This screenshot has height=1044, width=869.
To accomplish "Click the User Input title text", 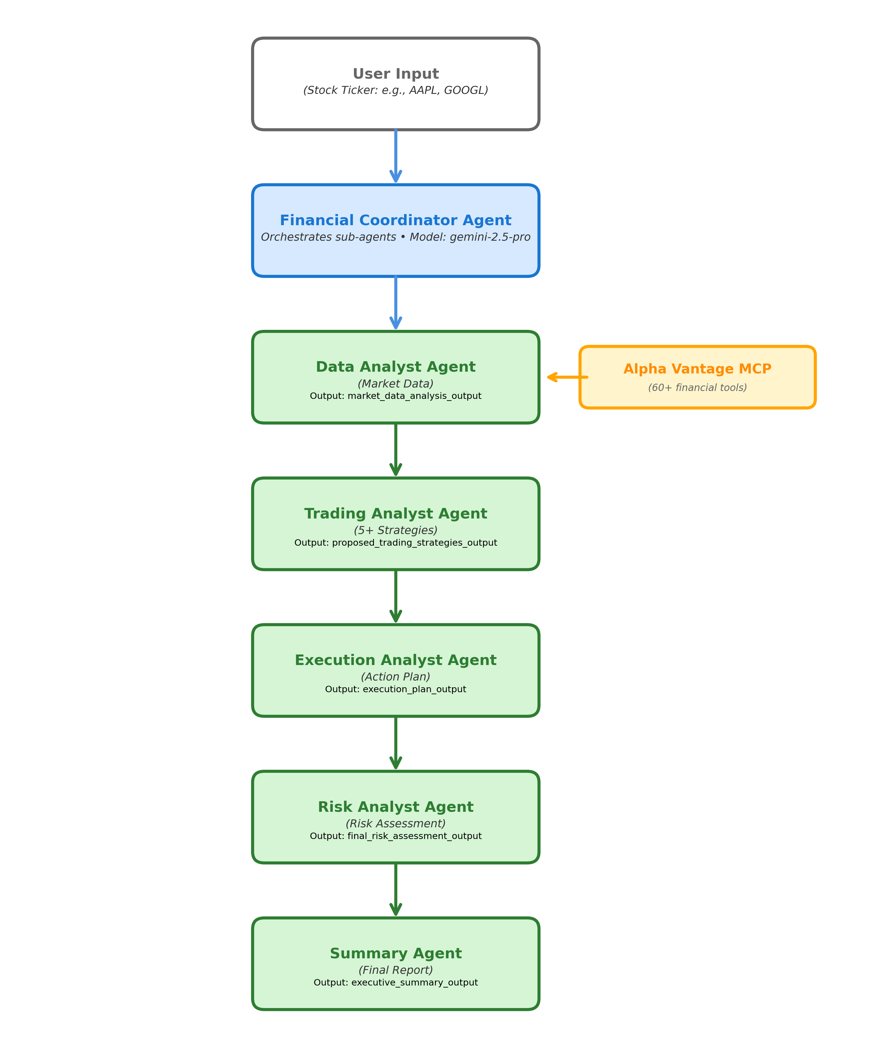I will pos(396,74).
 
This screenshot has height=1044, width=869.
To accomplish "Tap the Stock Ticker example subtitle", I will pos(396,90).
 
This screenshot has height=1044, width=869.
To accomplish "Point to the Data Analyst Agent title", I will pos(396,367).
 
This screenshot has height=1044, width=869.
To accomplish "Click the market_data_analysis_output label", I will pos(396,396).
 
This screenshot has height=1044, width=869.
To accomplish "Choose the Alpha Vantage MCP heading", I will pos(697,369).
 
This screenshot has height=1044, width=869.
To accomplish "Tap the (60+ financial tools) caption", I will pos(697,388).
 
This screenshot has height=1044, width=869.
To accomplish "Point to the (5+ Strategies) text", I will pos(396,530).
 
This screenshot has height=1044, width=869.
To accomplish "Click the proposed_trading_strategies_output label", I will pos(396,543).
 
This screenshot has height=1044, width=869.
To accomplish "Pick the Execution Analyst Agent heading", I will pos(396,660).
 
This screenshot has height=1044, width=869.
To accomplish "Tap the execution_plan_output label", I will pos(396,690).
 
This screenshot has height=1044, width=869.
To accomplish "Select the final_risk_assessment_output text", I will pos(396,836).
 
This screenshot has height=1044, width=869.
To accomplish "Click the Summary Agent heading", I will pos(396,954).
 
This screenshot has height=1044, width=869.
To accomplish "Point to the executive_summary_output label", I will pos(396,983).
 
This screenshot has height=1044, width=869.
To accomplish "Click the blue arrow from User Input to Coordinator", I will pos(396,157).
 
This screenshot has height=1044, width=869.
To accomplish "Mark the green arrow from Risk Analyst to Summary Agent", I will pos(396,890).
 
